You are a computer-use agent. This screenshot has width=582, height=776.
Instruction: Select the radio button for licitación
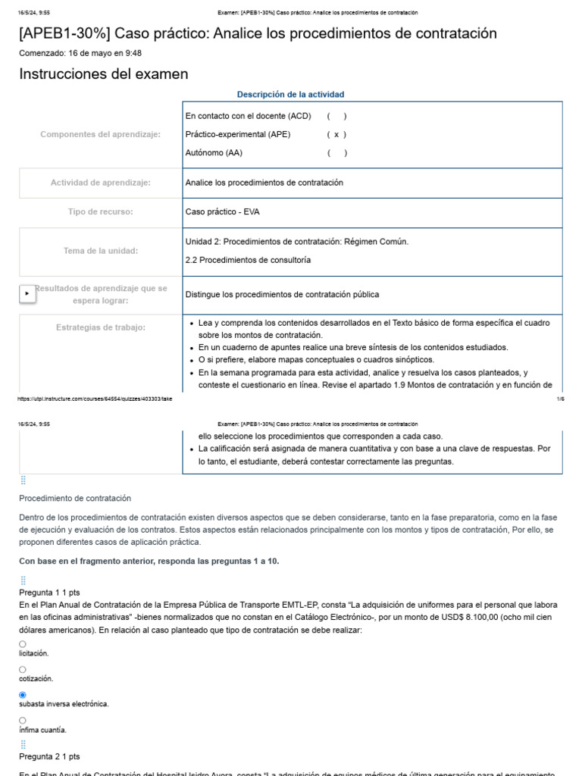tap(23, 643)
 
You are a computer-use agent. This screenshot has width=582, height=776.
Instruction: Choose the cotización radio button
tap(23, 669)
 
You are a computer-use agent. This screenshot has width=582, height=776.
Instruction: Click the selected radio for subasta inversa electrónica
tap(23, 694)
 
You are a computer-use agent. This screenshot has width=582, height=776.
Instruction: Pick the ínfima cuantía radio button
tap(23, 720)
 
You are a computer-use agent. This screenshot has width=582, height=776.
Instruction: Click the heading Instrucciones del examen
tap(104, 74)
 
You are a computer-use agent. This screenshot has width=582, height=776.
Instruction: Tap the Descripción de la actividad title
tap(290, 95)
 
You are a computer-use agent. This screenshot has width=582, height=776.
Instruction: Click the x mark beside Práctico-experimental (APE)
tap(336, 134)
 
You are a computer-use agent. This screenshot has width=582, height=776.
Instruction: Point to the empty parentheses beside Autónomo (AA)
tap(336, 152)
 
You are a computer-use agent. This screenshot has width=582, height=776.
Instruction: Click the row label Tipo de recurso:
tap(100, 211)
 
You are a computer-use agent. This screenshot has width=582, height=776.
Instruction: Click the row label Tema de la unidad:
tap(100, 250)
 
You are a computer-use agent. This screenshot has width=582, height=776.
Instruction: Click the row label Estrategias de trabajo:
tap(100, 327)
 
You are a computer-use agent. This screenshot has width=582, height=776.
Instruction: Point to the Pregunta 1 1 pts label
tap(49, 592)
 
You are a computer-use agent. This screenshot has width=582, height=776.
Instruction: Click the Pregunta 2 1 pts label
tap(49, 756)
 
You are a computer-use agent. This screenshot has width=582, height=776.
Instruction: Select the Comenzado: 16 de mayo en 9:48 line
tap(80, 53)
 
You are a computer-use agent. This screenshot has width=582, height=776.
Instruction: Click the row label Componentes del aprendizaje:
tap(100, 134)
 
